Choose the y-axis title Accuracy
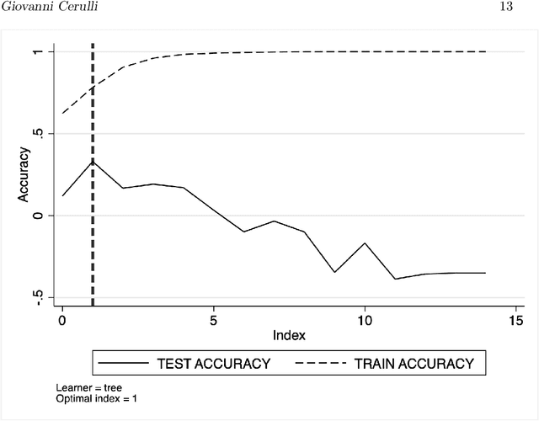tap(24, 173)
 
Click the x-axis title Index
tap(289, 335)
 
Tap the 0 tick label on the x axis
tap(62, 320)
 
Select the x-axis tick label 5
tap(214, 320)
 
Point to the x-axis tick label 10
tap(365, 320)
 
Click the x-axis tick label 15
tap(516, 320)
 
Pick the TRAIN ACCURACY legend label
tap(413, 364)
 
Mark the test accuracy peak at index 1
tap(93, 162)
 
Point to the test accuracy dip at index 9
tap(334, 272)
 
